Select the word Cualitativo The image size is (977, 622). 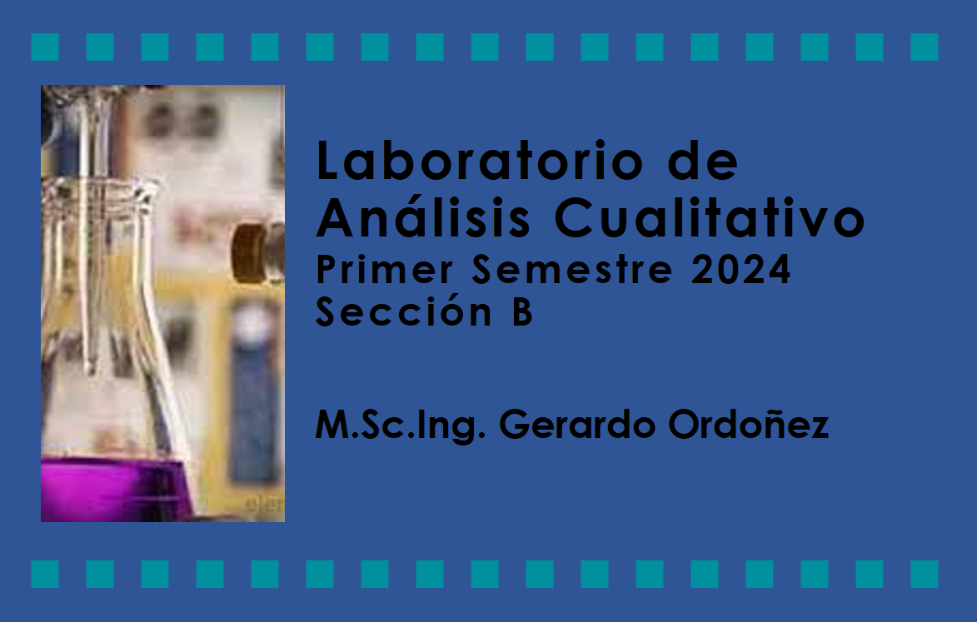[x=710, y=217]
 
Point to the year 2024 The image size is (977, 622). [x=740, y=270]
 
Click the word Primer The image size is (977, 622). [x=385, y=270]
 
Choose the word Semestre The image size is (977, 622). [x=572, y=270]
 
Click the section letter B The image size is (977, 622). [x=522, y=311]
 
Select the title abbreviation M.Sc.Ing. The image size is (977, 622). [x=400, y=425]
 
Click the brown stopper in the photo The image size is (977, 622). [x=252, y=252]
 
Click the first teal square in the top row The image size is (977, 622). [x=45, y=47]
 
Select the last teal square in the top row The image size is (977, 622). [x=925, y=47]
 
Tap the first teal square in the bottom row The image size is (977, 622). [x=45, y=574]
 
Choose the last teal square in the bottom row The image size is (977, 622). [x=925, y=574]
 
